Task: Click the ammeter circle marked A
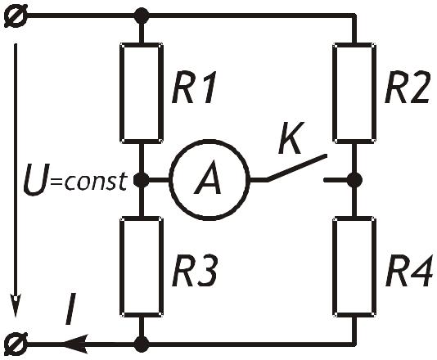(x=170, y=180)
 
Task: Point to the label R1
(x=194, y=88)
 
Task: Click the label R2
(x=407, y=88)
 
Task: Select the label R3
(x=194, y=271)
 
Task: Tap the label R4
(x=408, y=271)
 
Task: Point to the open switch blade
(x=296, y=168)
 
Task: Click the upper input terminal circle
(x=16, y=16)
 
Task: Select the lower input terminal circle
(x=16, y=344)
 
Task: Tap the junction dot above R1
(x=142, y=16)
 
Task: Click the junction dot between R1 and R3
(x=142, y=180)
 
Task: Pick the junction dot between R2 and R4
(x=354, y=180)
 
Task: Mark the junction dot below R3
(x=142, y=344)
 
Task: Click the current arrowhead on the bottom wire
(x=74, y=344)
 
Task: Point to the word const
(x=96, y=182)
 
